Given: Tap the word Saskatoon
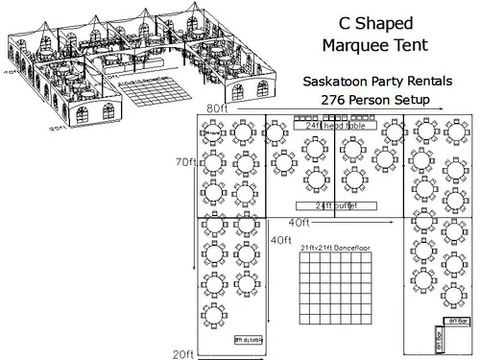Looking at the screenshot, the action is coord(335,83).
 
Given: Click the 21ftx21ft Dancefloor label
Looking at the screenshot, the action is coord(332,248).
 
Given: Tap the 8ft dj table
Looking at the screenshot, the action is coord(252,339).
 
